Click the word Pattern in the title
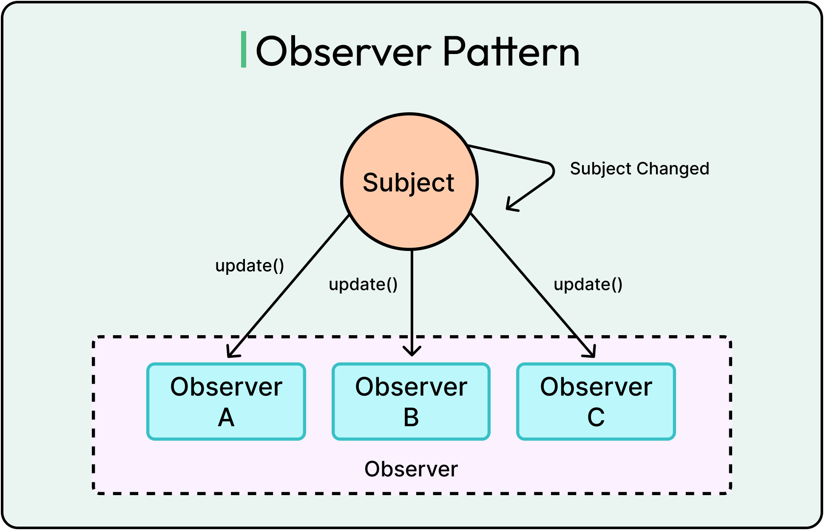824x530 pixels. click(x=511, y=52)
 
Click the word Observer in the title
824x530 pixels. click(x=344, y=52)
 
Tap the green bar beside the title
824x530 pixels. click(x=244, y=49)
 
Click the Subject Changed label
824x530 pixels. click(x=639, y=169)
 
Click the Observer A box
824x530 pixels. click(x=226, y=401)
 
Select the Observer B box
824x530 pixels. click(x=411, y=401)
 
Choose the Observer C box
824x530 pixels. click(x=596, y=401)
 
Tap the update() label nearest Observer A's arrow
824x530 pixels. click(x=250, y=266)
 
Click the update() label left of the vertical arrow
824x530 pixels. click(x=363, y=285)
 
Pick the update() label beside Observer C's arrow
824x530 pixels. click(x=588, y=285)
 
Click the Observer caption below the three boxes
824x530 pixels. click(x=411, y=469)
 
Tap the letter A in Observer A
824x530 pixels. click(x=226, y=418)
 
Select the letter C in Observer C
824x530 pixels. click(x=596, y=418)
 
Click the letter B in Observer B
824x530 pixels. click(x=411, y=418)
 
